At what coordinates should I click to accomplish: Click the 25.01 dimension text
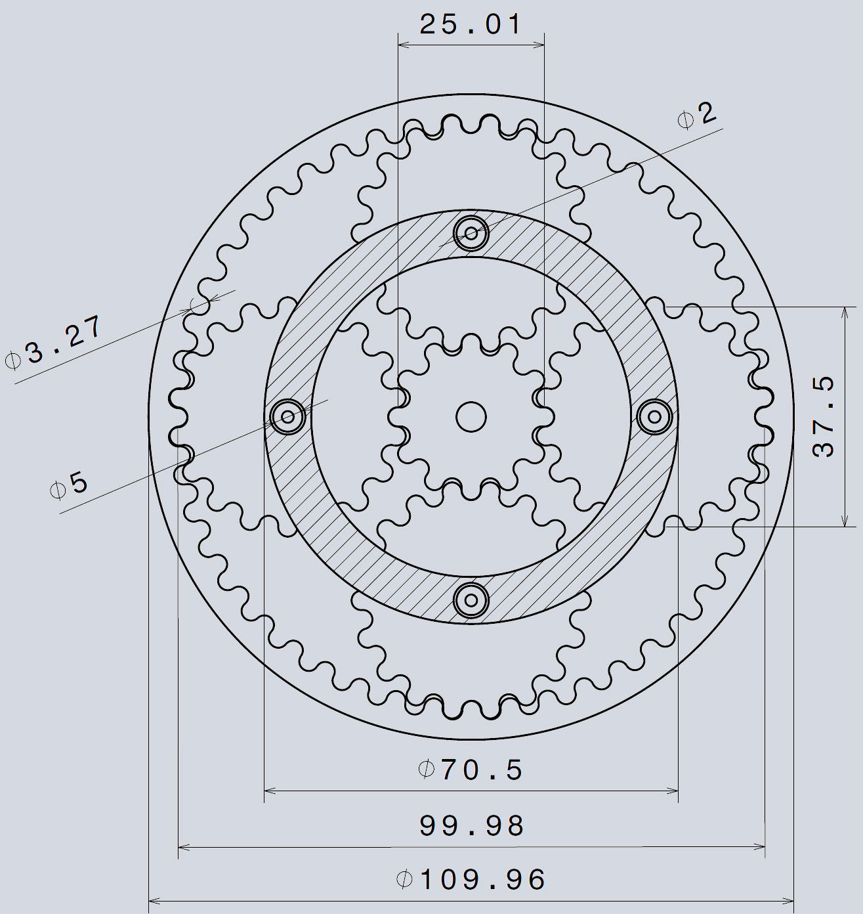[471, 25]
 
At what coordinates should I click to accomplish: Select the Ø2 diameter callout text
[698, 116]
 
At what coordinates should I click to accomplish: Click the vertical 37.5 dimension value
[824, 416]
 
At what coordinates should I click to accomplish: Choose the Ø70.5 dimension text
[471, 770]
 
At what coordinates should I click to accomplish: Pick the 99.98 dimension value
[472, 825]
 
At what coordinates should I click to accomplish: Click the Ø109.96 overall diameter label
[471, 880]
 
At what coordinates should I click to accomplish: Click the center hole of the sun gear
[471, 416]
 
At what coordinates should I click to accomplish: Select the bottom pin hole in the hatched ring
[471, 599]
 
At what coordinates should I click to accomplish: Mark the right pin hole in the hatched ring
[654, 416]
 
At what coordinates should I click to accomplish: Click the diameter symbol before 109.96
[404, 880]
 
